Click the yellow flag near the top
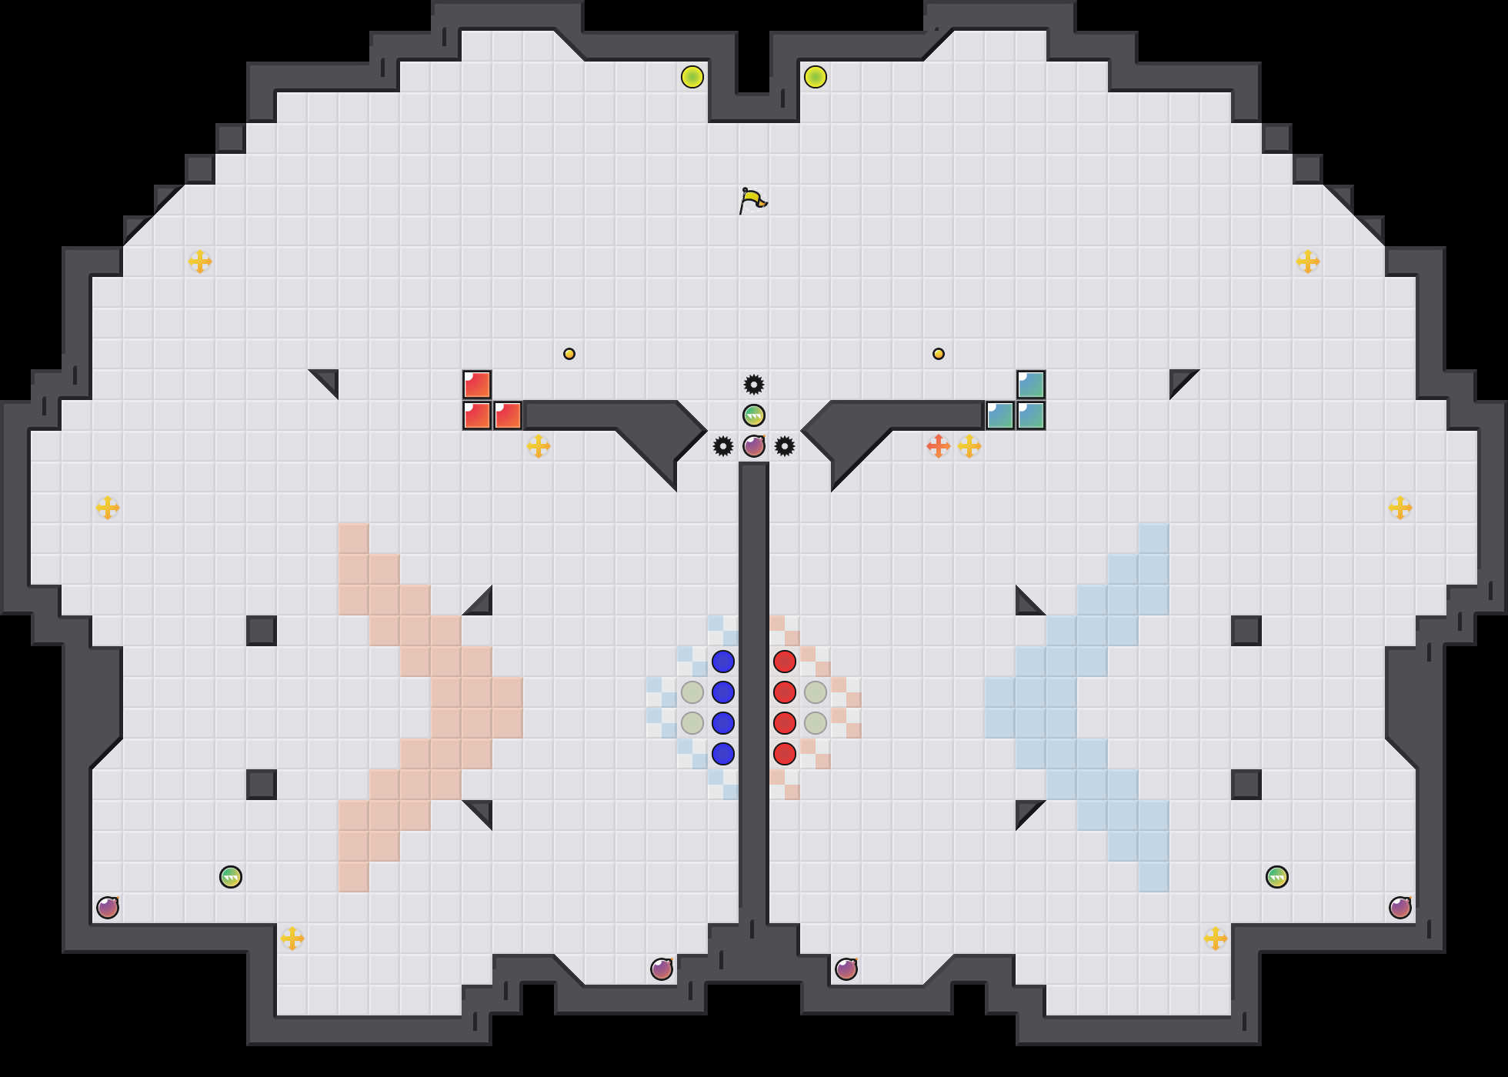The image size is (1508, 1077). (752, 200)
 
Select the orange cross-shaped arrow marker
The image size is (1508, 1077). (938, 445)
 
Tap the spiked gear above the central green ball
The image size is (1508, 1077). (754, 384)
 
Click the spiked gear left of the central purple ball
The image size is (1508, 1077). (723, 445)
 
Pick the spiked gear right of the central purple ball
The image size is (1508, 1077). (785, 445)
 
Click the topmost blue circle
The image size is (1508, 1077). (723, 661)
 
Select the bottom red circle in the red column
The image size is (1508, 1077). (785, 753)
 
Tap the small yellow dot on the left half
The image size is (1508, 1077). (569, 354)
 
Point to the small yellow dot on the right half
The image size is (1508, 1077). (939, 354)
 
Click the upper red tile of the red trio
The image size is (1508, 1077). (477, 385)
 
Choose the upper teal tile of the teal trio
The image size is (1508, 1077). (1031, 385)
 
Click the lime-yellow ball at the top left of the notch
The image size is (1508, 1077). (692, 77)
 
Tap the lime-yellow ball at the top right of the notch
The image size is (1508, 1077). (816, 77)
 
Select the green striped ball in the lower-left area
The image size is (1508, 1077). (231, 876)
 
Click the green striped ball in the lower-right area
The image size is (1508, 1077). (1277, 876)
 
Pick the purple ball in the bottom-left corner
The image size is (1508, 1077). (108, 907)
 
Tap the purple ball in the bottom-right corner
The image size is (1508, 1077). (1400, 907)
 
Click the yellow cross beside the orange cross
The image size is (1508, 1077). (969, 445)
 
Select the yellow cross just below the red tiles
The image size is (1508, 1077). (539, 445)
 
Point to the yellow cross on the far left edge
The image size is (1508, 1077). (108, 507)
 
